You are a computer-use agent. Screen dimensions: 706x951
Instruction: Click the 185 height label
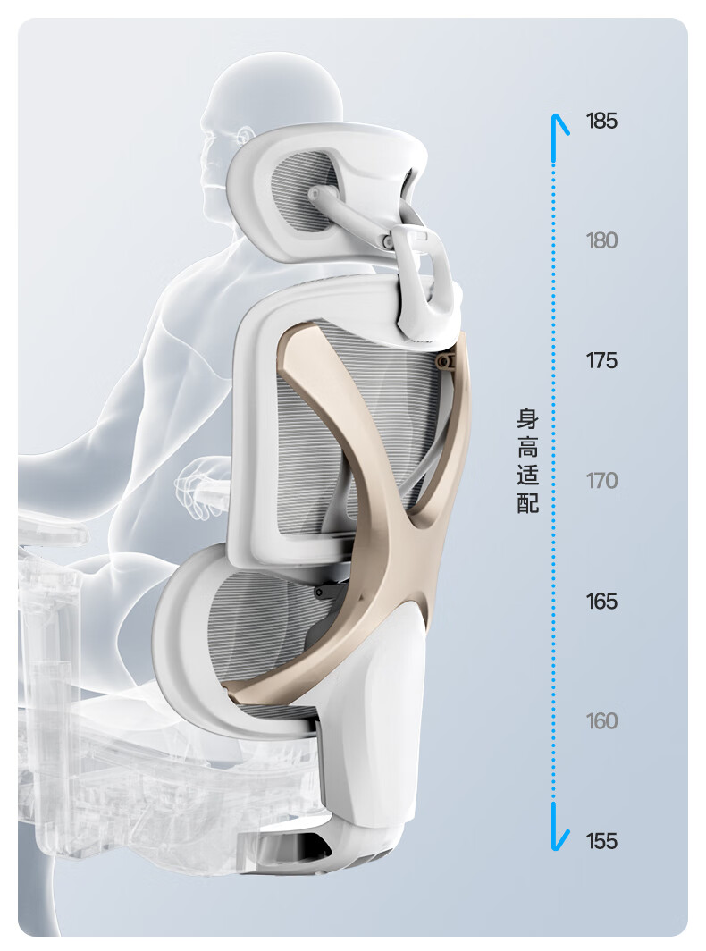[601, 122]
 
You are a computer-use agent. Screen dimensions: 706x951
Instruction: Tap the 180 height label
[601, 240]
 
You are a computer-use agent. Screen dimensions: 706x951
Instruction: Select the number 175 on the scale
[601, 361]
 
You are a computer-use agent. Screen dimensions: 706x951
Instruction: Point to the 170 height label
[601, 481]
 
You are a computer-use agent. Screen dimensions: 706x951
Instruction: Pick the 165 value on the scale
[601, 602]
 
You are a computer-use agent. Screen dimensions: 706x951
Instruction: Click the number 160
[601, 721]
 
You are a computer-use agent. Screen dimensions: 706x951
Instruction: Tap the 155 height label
[601, 841]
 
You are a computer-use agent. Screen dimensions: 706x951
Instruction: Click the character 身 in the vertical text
[527, 419]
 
